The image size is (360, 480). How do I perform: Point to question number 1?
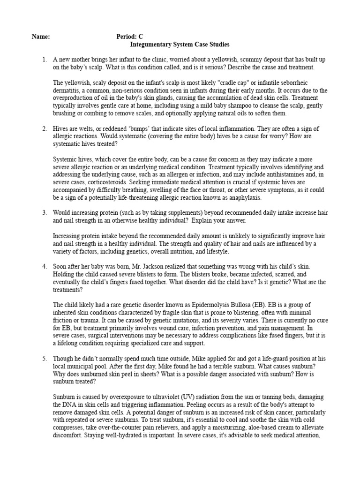(x=44, y=60)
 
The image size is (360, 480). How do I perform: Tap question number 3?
(x=44, y=213)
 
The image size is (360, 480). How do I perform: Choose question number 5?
(x=44, y=359)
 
